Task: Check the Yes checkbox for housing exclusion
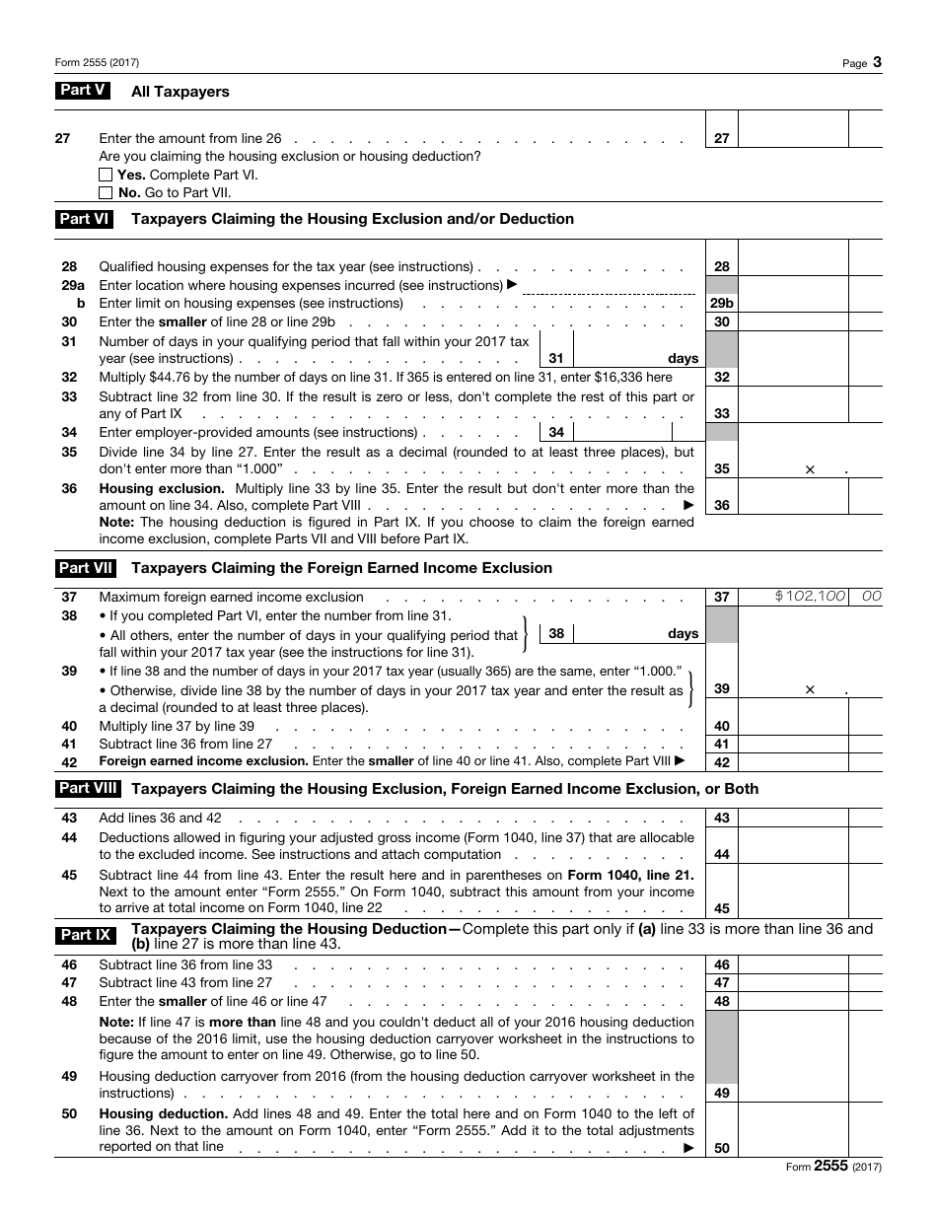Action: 106,175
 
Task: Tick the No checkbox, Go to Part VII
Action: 106,193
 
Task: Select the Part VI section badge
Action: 84,219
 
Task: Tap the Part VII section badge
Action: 86,568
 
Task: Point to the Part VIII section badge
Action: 88,789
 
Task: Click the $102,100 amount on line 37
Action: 810,597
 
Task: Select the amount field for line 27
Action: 792,138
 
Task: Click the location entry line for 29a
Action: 608,286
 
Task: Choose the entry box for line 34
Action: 621,432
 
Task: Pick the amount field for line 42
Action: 792,762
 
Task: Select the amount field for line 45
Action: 792,909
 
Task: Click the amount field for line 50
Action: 792,1148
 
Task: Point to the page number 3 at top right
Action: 877,63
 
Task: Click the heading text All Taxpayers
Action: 180,92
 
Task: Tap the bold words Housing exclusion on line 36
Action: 162,488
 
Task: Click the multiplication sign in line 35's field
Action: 810,469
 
